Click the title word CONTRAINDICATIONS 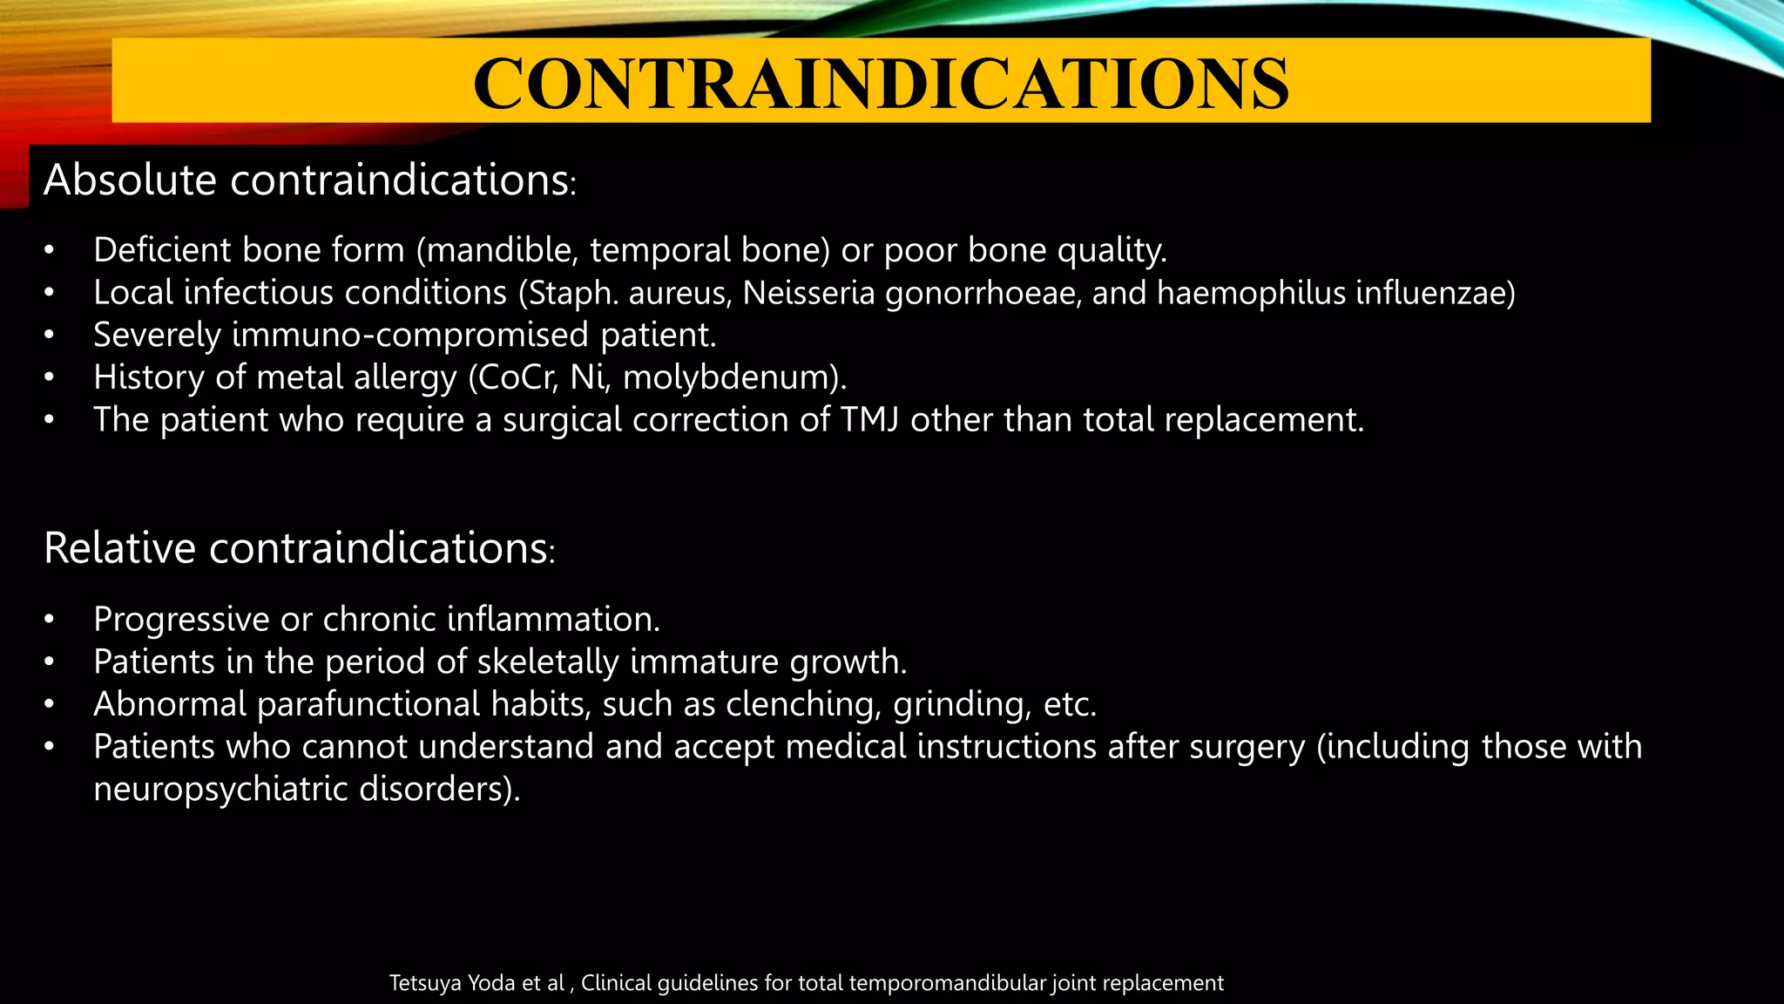[x=881, y=83]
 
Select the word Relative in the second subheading [x=120, y=549]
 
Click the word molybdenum [x=734, y=378]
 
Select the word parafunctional [x=368, y=704]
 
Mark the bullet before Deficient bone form [x=50, y=251]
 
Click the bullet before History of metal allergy [x=50, y=378]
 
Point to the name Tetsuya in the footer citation [x=422, y=983]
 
